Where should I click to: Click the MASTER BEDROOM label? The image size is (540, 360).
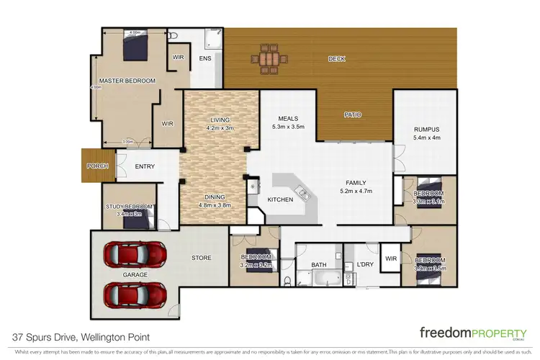tap(127, 81)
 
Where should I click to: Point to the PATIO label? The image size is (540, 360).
tap(352, 114)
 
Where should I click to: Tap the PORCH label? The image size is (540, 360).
tap(96, 166)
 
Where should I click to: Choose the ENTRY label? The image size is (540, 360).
tap(145, 166)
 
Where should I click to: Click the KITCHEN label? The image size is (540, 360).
tap(280, 199)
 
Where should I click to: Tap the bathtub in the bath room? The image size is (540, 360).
tap(320, 278)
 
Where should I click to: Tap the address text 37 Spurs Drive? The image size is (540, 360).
tap(43, 336)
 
